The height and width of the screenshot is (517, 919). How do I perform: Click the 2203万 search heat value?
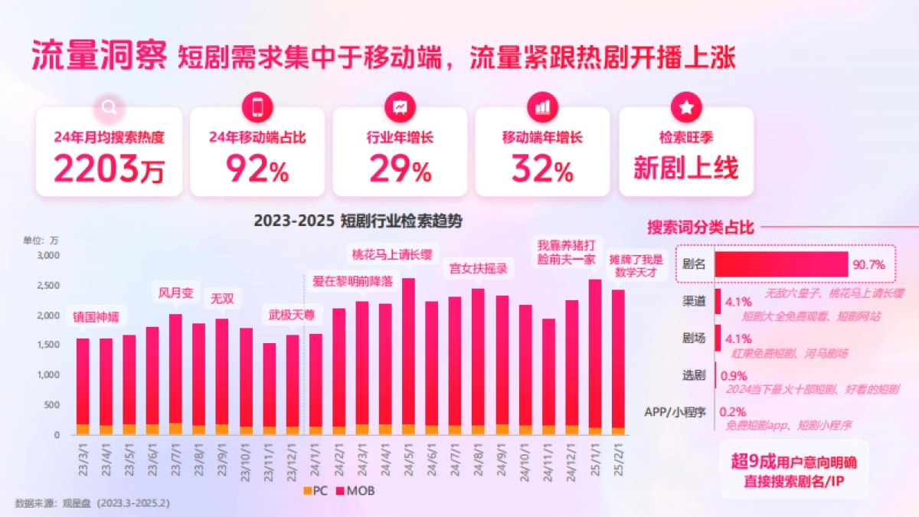(x=109, y=169)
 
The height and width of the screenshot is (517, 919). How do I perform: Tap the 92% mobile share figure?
(x=257, y=169)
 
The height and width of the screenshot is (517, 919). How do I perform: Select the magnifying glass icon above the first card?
(x=109, y=107)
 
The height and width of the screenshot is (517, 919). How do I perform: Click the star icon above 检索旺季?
(x=685, y=107)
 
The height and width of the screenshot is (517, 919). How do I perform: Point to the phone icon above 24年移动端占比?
(x=257, y=107)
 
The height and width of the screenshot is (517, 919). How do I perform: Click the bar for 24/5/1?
(x=408, y=356)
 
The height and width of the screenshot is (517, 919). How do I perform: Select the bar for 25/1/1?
(x=594, y=357)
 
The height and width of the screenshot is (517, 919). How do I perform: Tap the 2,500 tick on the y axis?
(x=47, y=286)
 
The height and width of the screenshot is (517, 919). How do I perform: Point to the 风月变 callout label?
(x=175, y=293)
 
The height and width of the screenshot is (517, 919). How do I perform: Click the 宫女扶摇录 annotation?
(x=478, y=269)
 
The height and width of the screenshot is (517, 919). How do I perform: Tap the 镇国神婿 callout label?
(x=96, y=316)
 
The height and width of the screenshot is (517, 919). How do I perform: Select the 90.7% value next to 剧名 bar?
(x=868, y=265)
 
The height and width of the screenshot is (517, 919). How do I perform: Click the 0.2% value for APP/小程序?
(x=731, y=411)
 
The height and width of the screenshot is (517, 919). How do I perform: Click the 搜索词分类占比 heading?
(x=701, y=227)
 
